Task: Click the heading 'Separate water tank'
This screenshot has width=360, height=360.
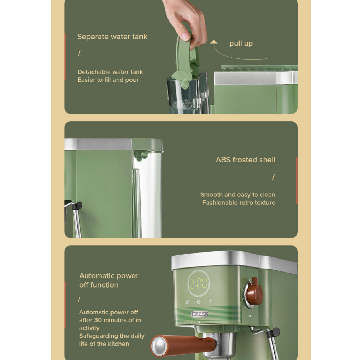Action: point(112,37)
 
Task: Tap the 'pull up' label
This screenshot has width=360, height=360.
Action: point(241,43)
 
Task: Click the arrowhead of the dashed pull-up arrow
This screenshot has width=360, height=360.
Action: point(214,42)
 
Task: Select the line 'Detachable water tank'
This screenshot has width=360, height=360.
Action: point(110,72)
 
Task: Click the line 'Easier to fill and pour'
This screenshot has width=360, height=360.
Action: point(108,80)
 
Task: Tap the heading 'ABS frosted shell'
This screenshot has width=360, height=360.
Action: point(245,160)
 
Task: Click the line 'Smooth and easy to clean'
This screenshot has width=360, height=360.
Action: point(238,195)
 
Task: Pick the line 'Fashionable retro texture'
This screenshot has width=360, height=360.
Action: point(239,203)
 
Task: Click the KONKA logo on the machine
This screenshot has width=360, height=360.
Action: point(199,314)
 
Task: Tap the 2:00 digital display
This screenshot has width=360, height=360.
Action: point(199,283)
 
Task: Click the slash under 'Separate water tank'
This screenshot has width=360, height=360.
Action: point(79,53)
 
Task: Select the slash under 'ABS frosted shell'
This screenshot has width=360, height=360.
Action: point(273,177)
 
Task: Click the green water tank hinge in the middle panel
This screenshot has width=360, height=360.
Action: point(141,156)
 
